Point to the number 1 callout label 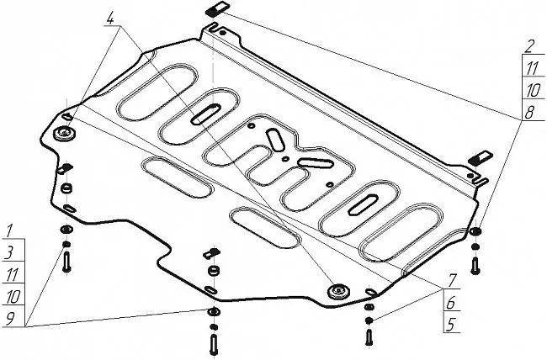tap(9, 229)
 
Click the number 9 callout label tap(9, 317)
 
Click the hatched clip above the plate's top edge tap(216, 10)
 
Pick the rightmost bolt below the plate tap(476, 264)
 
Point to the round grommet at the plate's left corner tap(66, 133)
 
